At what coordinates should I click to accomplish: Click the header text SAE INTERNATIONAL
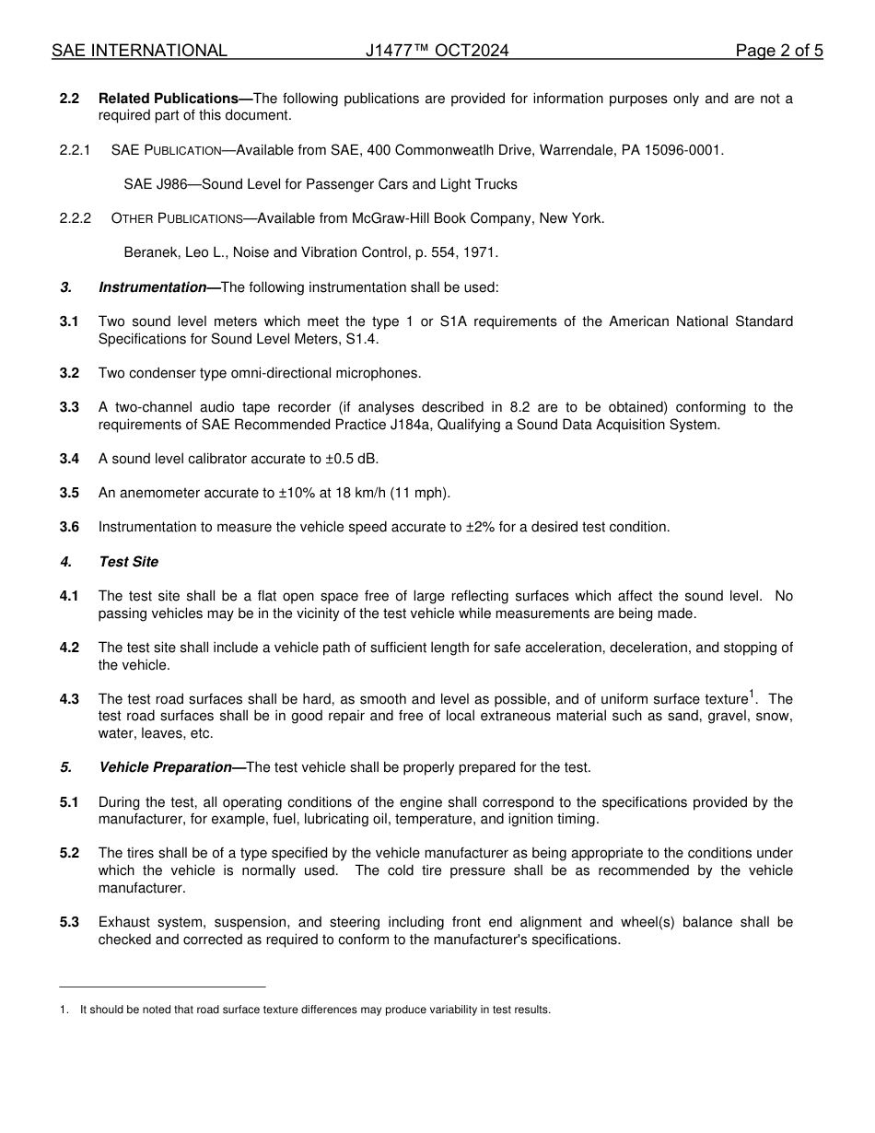tap(139, 51)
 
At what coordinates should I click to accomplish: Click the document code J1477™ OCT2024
tap(437, 51)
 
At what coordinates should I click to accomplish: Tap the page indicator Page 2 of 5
tap(779, 51)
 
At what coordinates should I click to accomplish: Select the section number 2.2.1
tap(75, 150)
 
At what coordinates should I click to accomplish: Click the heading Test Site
tap(128, 562)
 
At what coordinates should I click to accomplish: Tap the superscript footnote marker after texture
tap(752, 694)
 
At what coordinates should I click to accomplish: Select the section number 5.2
tap(69, 853)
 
